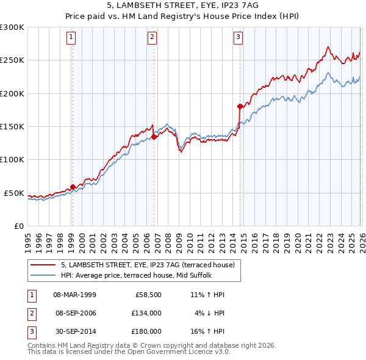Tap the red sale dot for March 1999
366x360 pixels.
pyautogui.click(x=73, y=187)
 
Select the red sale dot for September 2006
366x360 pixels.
pyautogui.click(x=154, y=137)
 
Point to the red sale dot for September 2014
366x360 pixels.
pyautogui.click(x=240, y=107)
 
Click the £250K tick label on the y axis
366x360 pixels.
pyautogui.click(x=12, y=60)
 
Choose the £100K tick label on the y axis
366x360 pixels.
pyautogui.click(x=12, y=159)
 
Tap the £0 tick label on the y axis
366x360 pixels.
pyautogui.click(x=18, y=226)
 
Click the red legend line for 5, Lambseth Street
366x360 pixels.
pyautogui.click(x=43, y=264)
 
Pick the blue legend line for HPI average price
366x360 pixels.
pyautogui.click(x=43, y=275)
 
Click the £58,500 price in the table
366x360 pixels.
pyautogui.click(x=148, y=295)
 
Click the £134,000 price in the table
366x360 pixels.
pyautogui.click(x=146, y=313)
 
